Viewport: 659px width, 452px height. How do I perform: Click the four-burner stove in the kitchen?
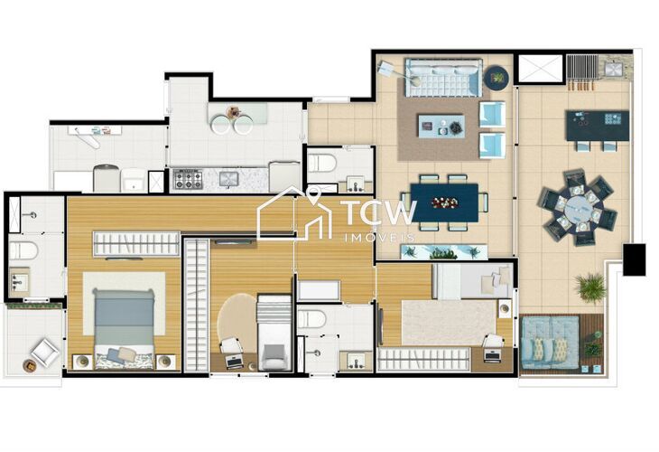click(188, 179)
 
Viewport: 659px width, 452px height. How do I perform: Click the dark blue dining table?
click(443, 202)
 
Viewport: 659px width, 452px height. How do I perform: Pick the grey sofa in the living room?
click(442, 79)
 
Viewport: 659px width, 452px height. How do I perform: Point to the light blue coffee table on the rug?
click(441, 126)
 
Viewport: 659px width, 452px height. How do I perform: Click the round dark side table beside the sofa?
click(497, 78)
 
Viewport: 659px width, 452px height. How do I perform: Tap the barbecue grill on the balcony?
click(583, 67)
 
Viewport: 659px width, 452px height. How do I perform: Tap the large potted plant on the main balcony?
click(591, 287)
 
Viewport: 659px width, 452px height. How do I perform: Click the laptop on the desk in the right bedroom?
click(493, 353)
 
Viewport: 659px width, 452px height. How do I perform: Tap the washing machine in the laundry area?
click(106, 178)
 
